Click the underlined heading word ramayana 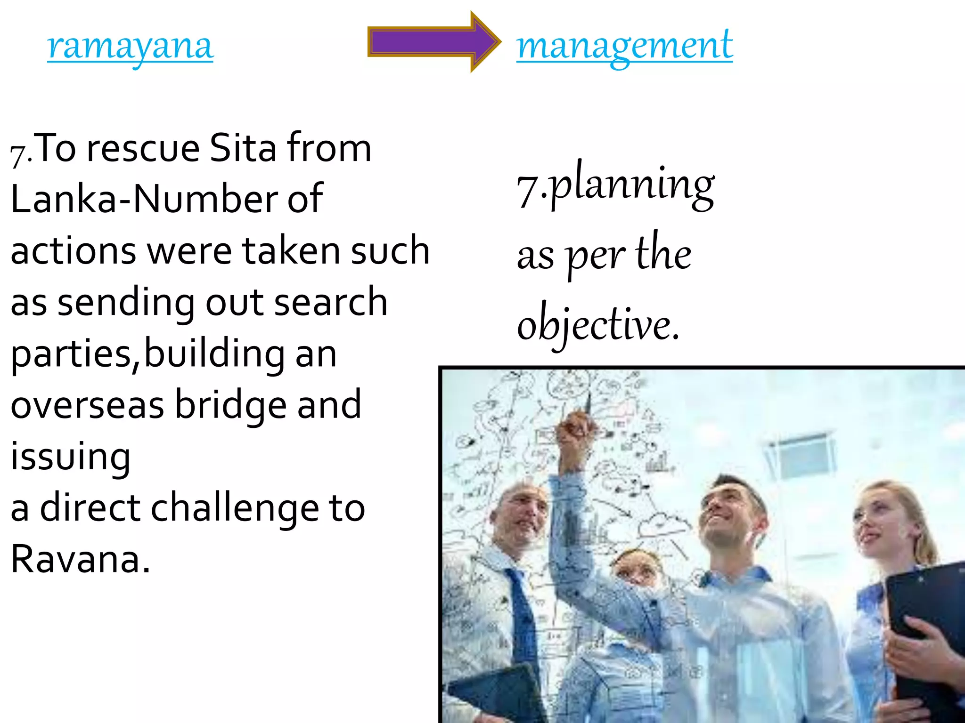pos(131,47)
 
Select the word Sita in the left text pos(243,148)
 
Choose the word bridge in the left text pos(231,406)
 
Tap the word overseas pos(88,406)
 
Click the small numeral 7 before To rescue pos(18,155)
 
